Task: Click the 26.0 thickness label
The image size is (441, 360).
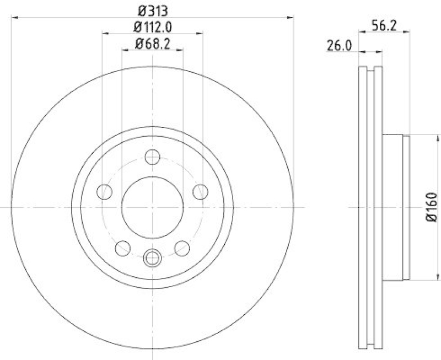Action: click(x=340, y=46)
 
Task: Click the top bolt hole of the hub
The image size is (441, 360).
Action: click(x=152, y=157)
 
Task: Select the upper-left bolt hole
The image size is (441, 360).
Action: click(x=104, y=192)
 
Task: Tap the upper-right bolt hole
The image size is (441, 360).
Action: click(x=200, y=192)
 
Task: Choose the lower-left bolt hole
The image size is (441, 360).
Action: click(x=122, y=248)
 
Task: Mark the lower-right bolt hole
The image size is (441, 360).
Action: click(x=182, y=248)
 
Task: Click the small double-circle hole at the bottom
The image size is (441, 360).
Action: click(x=152, y=256)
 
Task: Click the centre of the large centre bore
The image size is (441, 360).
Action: click(x=152, y=207)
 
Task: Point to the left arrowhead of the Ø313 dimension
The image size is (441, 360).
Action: click(x=14, y=18)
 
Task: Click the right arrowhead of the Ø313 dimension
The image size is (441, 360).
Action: click(x=291, y=18)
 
